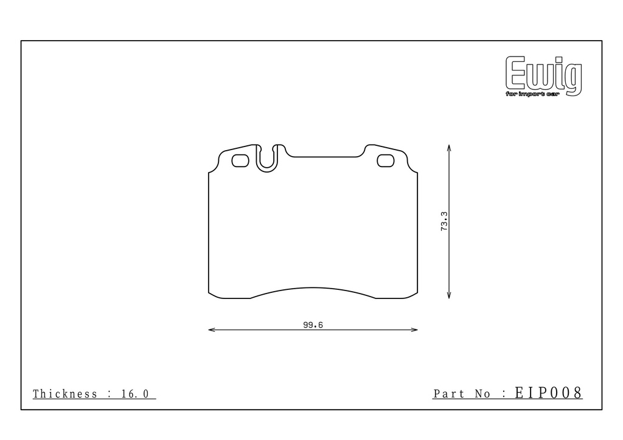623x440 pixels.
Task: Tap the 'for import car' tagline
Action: coord(532,94)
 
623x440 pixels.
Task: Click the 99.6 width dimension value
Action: coord(313,325)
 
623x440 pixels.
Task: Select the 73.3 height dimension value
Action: coord(444,221)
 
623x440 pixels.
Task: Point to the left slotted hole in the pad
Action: coord(240,160)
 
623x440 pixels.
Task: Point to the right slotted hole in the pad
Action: coord(385,160)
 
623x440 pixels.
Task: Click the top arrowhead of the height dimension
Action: coord(449,148)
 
